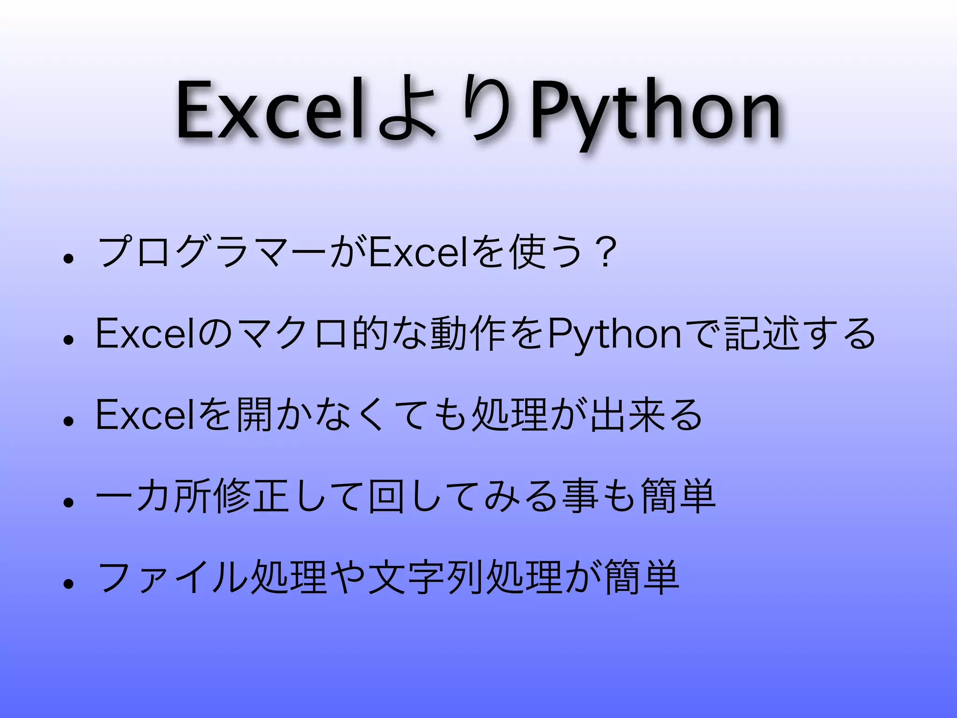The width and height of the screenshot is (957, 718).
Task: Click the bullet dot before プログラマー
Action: (69, 258)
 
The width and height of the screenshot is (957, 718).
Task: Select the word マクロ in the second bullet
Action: (293, 334)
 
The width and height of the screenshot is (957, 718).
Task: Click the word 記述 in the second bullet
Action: (762, 334)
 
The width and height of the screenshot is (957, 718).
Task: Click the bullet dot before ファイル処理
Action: (69, 583)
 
